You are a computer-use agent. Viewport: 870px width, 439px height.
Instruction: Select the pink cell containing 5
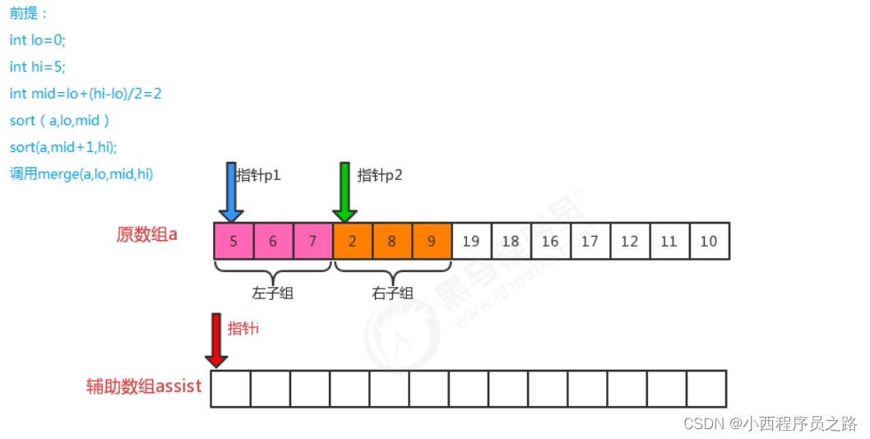click(234, 241)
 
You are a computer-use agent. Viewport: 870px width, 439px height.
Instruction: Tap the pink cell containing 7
click(312, 241)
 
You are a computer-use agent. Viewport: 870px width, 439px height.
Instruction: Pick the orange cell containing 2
click(352, 241)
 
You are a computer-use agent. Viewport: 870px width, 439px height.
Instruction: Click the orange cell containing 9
click(431, 241)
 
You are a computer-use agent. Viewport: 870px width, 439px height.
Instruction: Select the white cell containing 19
click(471, 241)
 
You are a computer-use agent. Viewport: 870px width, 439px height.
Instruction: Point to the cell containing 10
click(709, 241)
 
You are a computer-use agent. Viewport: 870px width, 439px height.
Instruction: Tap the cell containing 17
click(590, 241)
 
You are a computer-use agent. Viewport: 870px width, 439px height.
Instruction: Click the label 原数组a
click(147, 234)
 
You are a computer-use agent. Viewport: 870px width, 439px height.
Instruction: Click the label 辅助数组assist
click(144, 386)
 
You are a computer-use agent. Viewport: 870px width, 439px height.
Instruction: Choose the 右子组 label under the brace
click(392, 293)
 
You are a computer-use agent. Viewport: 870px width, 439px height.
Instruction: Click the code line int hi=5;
click(37, 67)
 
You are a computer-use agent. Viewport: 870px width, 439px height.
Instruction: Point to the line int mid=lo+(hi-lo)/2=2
click(86, 94)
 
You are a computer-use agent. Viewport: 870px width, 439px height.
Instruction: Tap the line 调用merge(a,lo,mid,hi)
click(81, 174)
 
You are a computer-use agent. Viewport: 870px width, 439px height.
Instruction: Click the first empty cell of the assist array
click(230, 388)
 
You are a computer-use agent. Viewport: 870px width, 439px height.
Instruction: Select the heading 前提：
click(28, 13)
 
